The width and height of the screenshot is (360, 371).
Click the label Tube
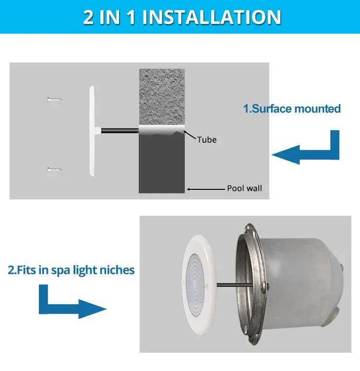coord(207,140)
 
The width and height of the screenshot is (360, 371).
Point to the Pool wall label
coord(244,188)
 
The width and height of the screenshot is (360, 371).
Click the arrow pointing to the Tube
coord(191,135)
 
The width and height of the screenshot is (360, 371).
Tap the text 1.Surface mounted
coord(292,109)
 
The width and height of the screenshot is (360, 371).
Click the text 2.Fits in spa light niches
coord(71,270)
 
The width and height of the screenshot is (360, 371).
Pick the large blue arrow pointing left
coord(307,149)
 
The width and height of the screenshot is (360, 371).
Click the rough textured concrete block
coord(162,96)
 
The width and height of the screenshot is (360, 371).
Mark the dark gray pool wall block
coord(162,163)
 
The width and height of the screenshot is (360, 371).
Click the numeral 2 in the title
coord(88,17)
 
